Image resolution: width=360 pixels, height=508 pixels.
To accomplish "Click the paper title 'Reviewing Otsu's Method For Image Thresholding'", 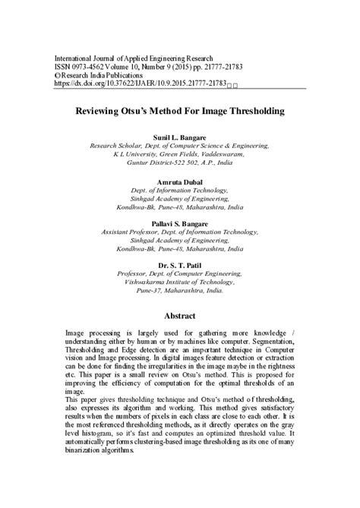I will pyautogui.click(x=180, y=111).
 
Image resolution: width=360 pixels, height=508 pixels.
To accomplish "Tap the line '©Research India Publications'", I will pyautogui.click(x=98, y=76).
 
